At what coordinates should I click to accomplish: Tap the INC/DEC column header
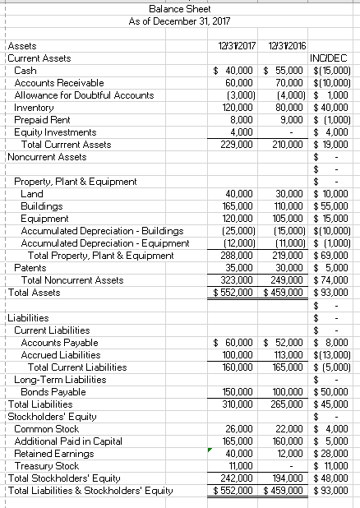330,58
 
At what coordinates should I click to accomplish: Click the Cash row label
25,71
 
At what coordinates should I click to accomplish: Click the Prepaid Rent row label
40,119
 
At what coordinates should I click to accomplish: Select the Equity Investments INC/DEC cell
335,132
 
